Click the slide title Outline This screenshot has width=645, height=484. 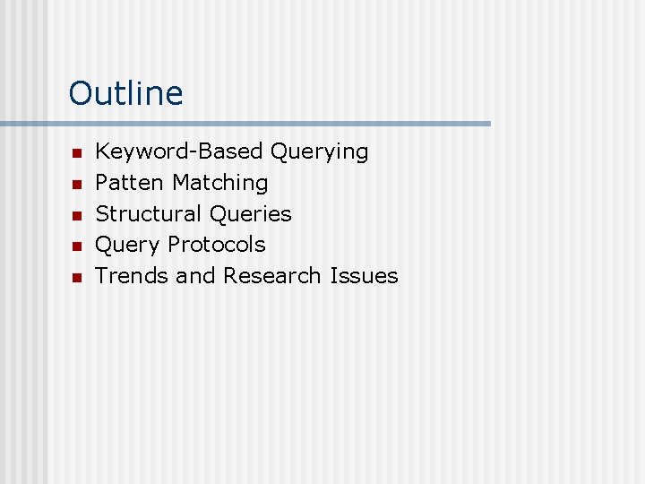pos(125,93)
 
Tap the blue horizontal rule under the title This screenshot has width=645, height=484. pos(245,124)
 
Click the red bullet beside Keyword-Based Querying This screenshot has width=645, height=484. pos(77,154)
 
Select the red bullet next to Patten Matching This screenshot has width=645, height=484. pos(77,185)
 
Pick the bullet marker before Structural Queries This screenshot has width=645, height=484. pos(77,216)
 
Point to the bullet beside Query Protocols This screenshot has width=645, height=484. pos(77,246)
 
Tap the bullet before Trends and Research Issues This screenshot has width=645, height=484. pos(77,278)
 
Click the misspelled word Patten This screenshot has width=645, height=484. pos(131,183)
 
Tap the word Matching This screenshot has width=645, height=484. pos(220,184)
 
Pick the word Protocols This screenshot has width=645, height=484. pos(217,245)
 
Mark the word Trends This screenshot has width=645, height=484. pos(133,276)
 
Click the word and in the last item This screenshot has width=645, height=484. pos(196,276)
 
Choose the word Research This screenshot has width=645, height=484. pos(273,276)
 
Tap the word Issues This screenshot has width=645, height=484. pos(364,276)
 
